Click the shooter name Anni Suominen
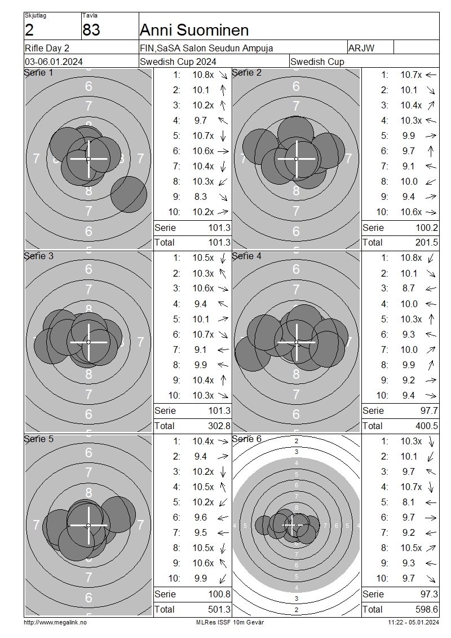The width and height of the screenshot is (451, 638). pos(194,30)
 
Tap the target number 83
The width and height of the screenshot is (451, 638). pos(91,30)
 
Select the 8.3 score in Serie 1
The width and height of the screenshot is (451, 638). pos(200,197)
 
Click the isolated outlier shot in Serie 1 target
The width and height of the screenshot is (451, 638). pos(129,194)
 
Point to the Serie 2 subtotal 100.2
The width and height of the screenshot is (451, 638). pos(427,228)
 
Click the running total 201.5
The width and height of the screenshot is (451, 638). pos(427,243)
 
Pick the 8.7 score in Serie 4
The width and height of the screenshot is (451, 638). pos(408,289)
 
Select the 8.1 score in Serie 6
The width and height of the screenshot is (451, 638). pos(408,502)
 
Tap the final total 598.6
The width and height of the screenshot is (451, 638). pos(427,610)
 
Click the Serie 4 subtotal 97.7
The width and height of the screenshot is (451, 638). pos(429,411)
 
